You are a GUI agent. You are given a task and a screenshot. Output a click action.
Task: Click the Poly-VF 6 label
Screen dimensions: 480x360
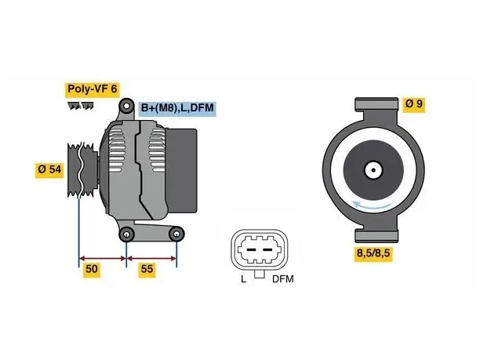[x=92, y=89]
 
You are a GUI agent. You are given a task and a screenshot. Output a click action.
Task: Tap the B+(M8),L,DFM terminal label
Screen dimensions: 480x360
[x=177, y=109]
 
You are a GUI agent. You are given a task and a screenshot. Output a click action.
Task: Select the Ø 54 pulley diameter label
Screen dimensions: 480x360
[x=49, y=170]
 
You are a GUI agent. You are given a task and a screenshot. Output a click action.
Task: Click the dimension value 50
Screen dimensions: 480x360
[x=92, y=270]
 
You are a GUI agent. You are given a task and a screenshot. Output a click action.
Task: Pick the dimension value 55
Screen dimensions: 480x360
[x=147, y=270]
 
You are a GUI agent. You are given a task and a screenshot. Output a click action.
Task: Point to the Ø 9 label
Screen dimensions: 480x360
[x=414, y=104]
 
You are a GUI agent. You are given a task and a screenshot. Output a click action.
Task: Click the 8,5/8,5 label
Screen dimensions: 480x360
[x=373, y=254]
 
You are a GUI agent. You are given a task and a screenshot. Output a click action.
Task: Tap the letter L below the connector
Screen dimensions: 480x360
[x=244, y=279]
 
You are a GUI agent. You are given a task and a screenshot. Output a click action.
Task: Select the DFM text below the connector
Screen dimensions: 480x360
[x=283, y=279]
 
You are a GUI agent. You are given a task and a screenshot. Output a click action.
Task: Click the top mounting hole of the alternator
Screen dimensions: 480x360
[x=127, y=106]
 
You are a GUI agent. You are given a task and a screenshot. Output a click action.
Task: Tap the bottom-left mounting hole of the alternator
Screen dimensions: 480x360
[x=127, y=235]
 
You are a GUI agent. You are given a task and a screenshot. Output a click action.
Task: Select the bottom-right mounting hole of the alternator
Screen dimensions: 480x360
[x=176, y=235]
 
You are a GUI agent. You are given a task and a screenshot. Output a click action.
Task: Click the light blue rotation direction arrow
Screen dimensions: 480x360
[x=372, y=206]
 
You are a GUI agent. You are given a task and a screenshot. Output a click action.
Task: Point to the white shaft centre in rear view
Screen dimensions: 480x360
[x=373, y=170]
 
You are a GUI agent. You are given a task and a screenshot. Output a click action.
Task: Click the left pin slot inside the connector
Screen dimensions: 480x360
[x=251, y=250]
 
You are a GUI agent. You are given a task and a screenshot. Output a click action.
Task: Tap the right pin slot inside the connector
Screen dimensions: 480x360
[x=267, y=250]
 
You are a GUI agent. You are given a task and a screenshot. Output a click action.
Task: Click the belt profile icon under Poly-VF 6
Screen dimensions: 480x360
[x=81, y=106]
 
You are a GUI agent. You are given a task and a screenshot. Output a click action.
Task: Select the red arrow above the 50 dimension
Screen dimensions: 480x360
[x=103, y=259]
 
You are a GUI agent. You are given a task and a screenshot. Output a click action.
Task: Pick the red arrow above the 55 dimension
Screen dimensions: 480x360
[x=151, y=259]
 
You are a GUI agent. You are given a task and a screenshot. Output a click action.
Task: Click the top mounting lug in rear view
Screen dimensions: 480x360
[x=376, y=104]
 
